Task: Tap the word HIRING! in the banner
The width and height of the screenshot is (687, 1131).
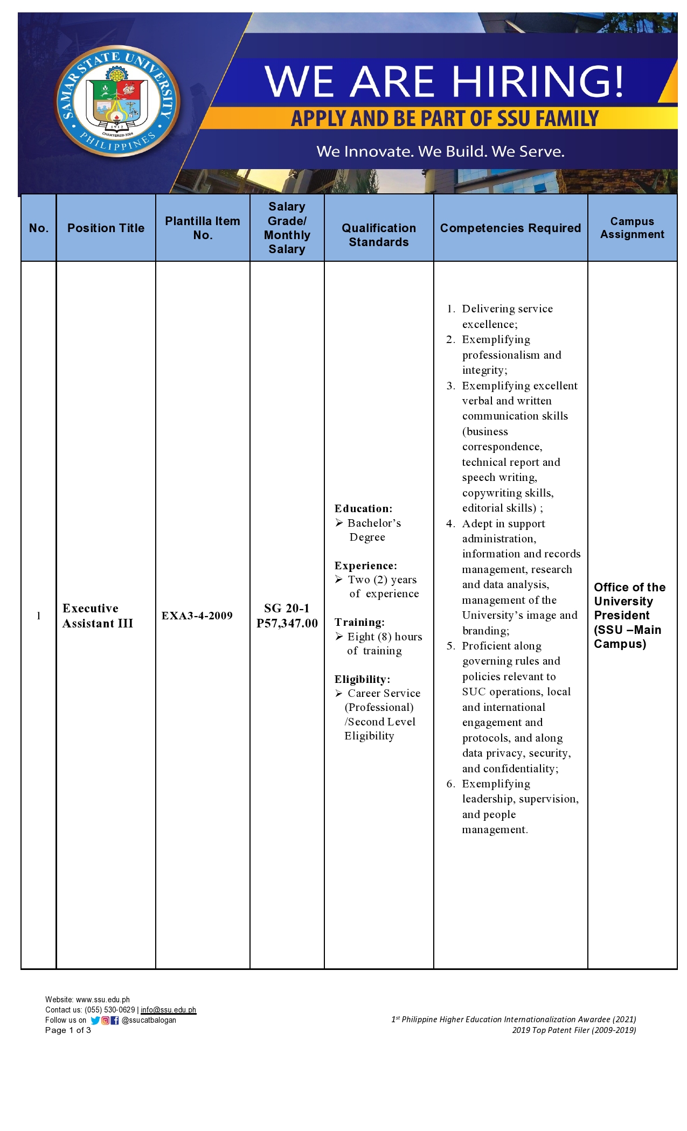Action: click(x=538, y=82)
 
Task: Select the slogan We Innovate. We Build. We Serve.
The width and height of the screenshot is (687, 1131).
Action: click(x=440, y=151)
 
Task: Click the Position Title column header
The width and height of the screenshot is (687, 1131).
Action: click(x=106, y=228)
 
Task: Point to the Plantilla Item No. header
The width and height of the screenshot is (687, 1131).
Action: click(x=203, y=228)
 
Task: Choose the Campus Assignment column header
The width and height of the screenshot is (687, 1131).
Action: click(x=632, y=228)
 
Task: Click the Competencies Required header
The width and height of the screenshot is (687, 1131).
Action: click(x=510, y=228)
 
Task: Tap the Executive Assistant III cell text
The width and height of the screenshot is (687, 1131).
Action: click(x=98, y=616)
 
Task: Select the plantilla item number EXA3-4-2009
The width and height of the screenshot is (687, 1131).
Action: click(x=197, y=616)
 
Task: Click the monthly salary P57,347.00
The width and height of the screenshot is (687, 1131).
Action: click(x=287, y=623)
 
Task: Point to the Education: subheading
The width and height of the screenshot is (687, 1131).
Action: click(x=363, y=508)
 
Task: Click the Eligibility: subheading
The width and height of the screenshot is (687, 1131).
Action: click(x=362, y=679)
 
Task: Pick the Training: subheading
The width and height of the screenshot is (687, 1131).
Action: click(x=359, y=622)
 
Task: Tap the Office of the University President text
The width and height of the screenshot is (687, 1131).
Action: click(x=629, y=601)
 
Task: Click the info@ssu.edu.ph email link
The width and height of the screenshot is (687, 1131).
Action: click(x=168, y=1010)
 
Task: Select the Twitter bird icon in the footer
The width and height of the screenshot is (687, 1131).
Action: click(x=95, y=1020)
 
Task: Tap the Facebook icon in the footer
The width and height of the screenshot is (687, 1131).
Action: click(x=115, y=1020)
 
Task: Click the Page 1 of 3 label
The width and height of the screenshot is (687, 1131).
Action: click(x=68, y=1030)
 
